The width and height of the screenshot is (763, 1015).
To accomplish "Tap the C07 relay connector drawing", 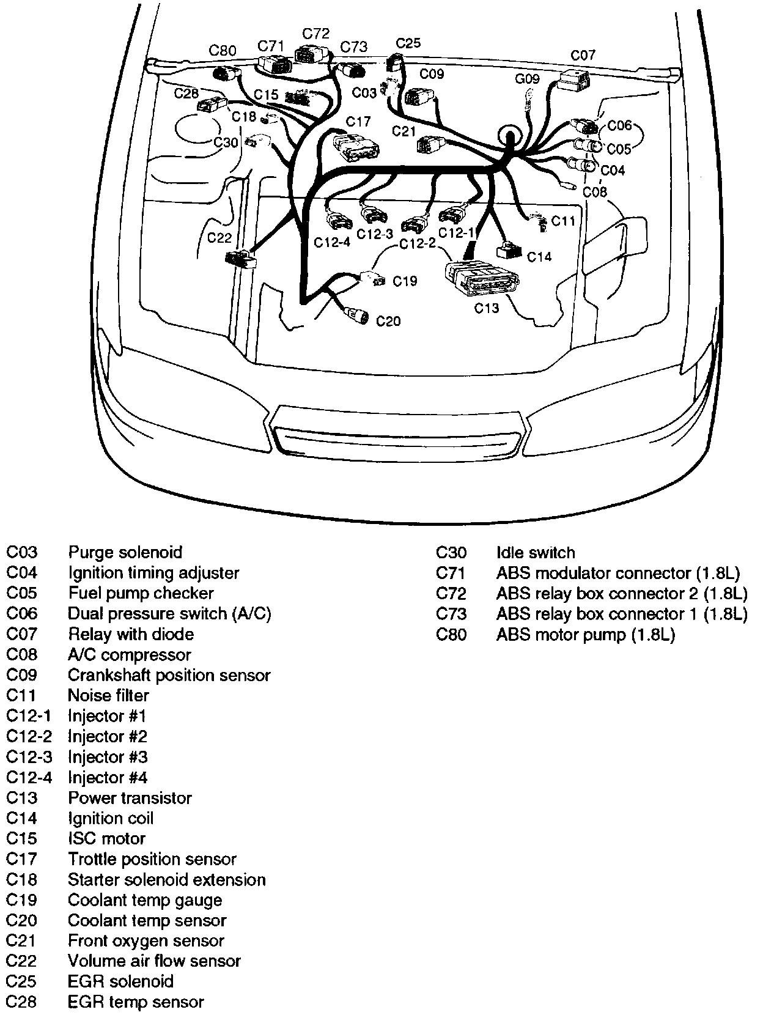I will [x=575, y=79].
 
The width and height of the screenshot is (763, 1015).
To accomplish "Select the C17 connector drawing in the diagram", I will [x=355, y=146].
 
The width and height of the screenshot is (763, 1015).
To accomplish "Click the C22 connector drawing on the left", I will [x=240, y=258].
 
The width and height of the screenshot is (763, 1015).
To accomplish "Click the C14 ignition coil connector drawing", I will [x=509, y=249].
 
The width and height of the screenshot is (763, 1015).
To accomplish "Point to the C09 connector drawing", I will [x=418, y=96].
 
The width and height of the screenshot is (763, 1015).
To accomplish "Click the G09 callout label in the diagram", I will [x=527, y=79].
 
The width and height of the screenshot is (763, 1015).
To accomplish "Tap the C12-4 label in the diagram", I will [x=332, y=242].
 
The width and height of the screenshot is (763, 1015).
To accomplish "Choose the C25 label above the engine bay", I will [x=408, y=43].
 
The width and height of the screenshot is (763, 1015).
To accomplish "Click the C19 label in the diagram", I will [x=405, y=281].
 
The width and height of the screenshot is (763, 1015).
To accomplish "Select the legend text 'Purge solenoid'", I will [x=125, y=552].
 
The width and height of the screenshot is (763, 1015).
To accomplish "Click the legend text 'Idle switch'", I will [x=536, y=553].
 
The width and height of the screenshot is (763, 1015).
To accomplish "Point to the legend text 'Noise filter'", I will [x=108, y=695].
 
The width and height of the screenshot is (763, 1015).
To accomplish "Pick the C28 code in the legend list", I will [x=22, y=1002].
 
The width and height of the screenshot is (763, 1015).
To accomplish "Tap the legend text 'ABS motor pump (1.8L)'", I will [x=585, y=635].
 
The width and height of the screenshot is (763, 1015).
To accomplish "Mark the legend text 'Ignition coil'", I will [x=111, y=818].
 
